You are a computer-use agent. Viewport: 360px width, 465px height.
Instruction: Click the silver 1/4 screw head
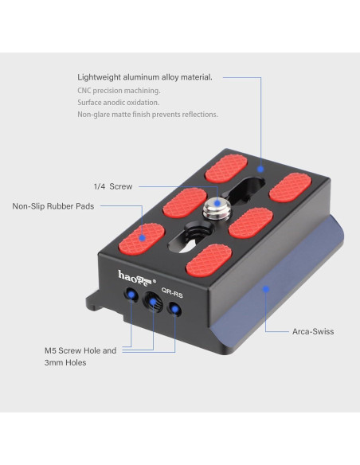pos(217,209)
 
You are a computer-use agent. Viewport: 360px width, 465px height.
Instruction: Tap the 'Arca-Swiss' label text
pos(313,331)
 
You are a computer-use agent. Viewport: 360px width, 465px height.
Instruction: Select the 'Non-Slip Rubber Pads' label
pos(53,206)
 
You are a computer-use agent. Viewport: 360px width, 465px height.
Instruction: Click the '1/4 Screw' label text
pos(113,186)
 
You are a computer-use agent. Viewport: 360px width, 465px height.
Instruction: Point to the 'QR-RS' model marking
pos(172,293)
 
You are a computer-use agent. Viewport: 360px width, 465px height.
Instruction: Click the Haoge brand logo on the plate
pos(137,278)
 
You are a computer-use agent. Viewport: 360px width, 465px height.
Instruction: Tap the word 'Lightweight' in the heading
pos(99,77)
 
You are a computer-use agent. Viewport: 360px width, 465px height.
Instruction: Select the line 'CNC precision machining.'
pos(119,91)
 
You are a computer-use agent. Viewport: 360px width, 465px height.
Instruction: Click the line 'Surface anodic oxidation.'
pos(119,102)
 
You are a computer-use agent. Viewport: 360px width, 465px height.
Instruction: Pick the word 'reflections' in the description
pos(199,114)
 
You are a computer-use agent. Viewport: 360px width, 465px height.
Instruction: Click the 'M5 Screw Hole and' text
pos(80,350)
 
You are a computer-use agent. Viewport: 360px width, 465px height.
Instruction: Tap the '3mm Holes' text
pos(65,362)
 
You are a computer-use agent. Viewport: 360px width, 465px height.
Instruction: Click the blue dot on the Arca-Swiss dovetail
pos(266,289)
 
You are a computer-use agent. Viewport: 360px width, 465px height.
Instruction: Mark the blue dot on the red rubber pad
pos(143,237)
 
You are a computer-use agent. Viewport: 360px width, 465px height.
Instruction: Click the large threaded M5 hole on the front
pos(153,301)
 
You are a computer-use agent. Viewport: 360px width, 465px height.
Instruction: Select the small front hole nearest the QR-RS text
pos(175,309)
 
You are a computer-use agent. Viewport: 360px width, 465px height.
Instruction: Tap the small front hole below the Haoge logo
pos(131,295)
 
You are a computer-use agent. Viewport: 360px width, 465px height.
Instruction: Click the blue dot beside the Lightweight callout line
pos(260,169)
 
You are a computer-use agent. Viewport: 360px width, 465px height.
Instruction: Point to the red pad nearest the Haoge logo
pos(142,239)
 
